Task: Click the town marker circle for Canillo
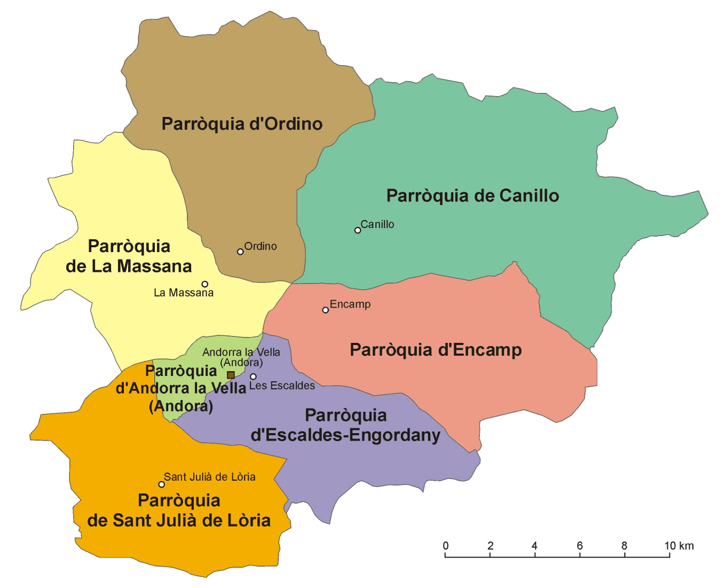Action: (x=358, y=230)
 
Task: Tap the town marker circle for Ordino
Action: (x=240, y=252)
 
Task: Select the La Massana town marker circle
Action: (x=204, y=284)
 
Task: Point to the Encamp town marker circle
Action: (x=325, y=310)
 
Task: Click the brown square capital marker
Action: (x=231, y=375)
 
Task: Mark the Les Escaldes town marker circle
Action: (x=253, y=377)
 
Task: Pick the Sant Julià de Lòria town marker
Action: (x=161, y=484)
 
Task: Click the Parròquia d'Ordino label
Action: (x=242, y=124)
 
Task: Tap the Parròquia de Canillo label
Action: (x=472, y=195)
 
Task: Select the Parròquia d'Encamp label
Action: (x=436, y=350)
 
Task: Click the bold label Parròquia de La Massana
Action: (x=129, y=256)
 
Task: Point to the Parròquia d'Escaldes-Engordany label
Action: (x=345, y=425)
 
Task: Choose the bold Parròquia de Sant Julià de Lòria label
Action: (x=179, y=510)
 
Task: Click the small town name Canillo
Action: (x=377, y=224)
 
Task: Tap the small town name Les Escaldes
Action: (x=282, y=386)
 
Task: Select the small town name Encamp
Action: (x=350, y=304)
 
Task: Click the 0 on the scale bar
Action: (x=446, y=546)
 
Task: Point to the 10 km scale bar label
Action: (x=679, y=546)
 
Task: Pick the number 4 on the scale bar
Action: (x=534, y=546)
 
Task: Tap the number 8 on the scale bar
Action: (x=624, y=546)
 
